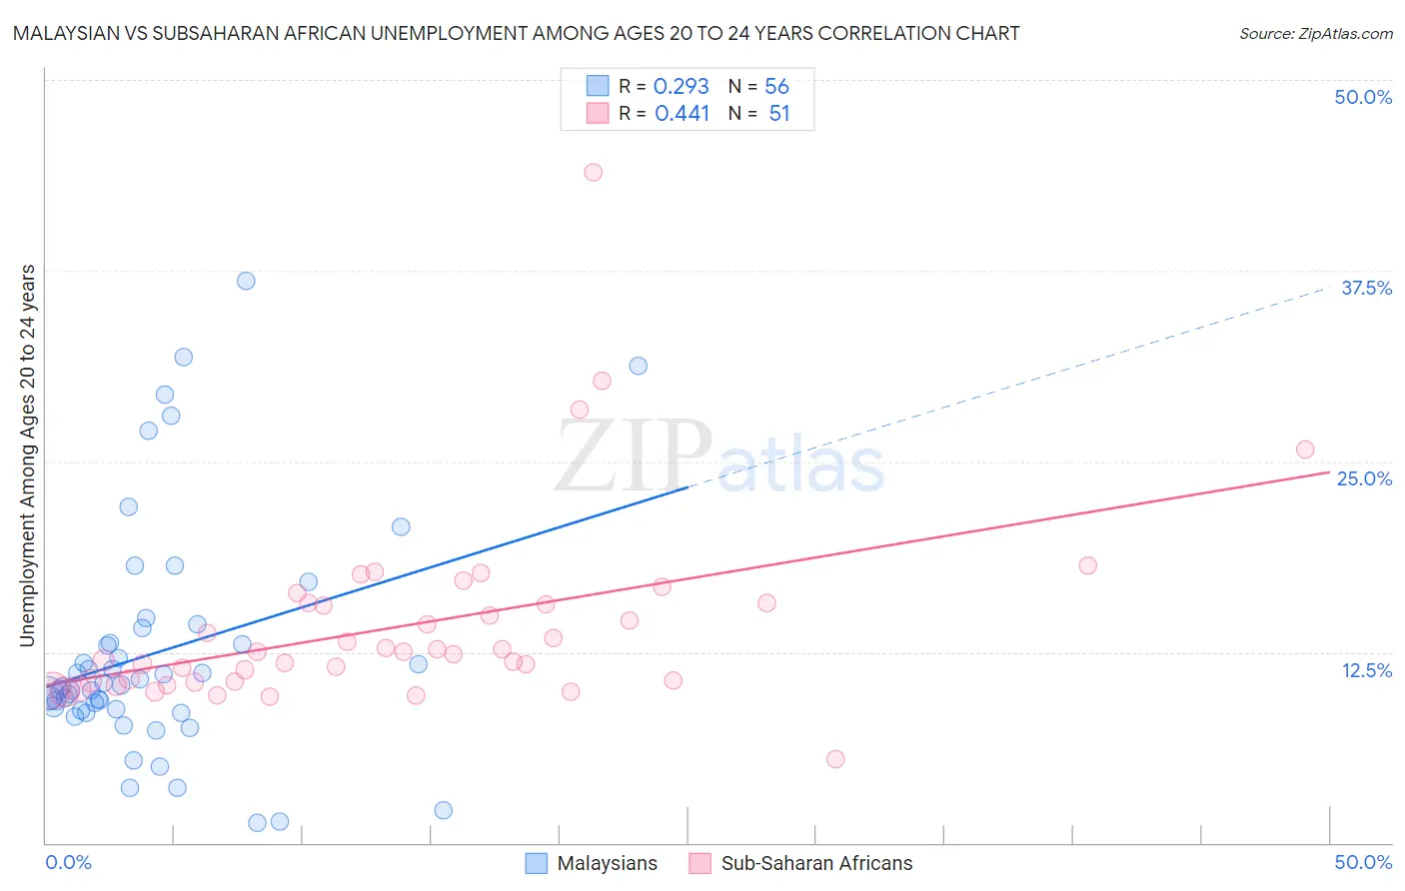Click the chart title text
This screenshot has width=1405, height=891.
point(516,33)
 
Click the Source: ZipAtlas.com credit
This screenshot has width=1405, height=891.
point(1315,33)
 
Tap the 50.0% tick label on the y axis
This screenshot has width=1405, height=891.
point(1363,97)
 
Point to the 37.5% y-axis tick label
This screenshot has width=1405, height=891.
point(1366,288)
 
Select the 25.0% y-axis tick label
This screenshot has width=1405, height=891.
point(1364,478)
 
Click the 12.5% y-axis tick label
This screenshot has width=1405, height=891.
point(1366,670)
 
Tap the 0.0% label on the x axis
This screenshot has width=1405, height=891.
point(68,862)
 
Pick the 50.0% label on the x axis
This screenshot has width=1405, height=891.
point(1363,862)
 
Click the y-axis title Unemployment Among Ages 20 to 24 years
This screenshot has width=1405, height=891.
point(28,455)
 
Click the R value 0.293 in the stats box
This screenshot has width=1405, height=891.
point(681,87)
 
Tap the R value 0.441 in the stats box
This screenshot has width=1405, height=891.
point(682,114)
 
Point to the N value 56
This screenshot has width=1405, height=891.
point(776,87)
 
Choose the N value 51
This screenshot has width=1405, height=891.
point(778,114)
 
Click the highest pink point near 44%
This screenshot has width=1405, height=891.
point(593,172)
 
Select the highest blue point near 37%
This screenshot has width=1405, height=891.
point(246,281)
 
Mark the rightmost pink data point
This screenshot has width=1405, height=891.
point(1305,449)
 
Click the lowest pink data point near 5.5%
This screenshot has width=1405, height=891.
point(835,759)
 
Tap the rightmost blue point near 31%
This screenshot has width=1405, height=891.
point(638,366)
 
